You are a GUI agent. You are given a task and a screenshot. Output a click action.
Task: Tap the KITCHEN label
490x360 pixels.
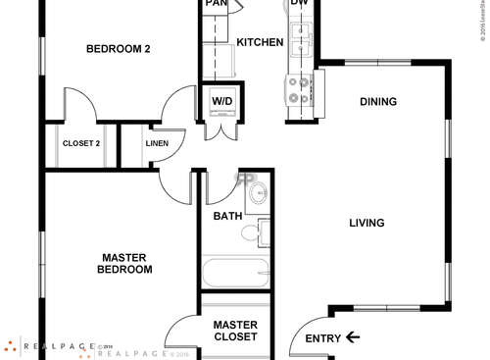pos(261,43)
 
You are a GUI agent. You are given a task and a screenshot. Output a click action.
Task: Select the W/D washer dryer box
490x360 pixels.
pos(222,102)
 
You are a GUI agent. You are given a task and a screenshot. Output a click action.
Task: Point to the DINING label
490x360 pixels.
pos(378,102)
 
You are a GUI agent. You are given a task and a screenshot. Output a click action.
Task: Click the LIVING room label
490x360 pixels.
pos(367,223)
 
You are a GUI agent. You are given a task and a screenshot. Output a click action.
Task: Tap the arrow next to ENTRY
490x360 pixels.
pos(353,337)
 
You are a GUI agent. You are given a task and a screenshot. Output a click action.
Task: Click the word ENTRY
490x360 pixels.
pos(322,338)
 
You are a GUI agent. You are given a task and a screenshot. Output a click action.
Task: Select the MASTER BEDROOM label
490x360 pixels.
pos(126,264)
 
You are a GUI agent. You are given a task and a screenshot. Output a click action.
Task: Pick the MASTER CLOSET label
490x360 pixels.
pos(235,331)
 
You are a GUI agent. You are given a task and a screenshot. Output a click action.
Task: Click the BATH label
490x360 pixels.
pos(227,216)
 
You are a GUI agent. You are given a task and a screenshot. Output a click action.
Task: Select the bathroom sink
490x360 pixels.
pos(256,192)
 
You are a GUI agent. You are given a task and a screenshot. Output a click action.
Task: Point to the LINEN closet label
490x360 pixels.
pos(157,144)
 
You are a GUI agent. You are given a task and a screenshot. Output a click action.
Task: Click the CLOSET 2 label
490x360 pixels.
pos(81,144)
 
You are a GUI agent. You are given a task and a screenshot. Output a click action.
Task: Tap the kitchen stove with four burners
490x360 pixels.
pos(299,90)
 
